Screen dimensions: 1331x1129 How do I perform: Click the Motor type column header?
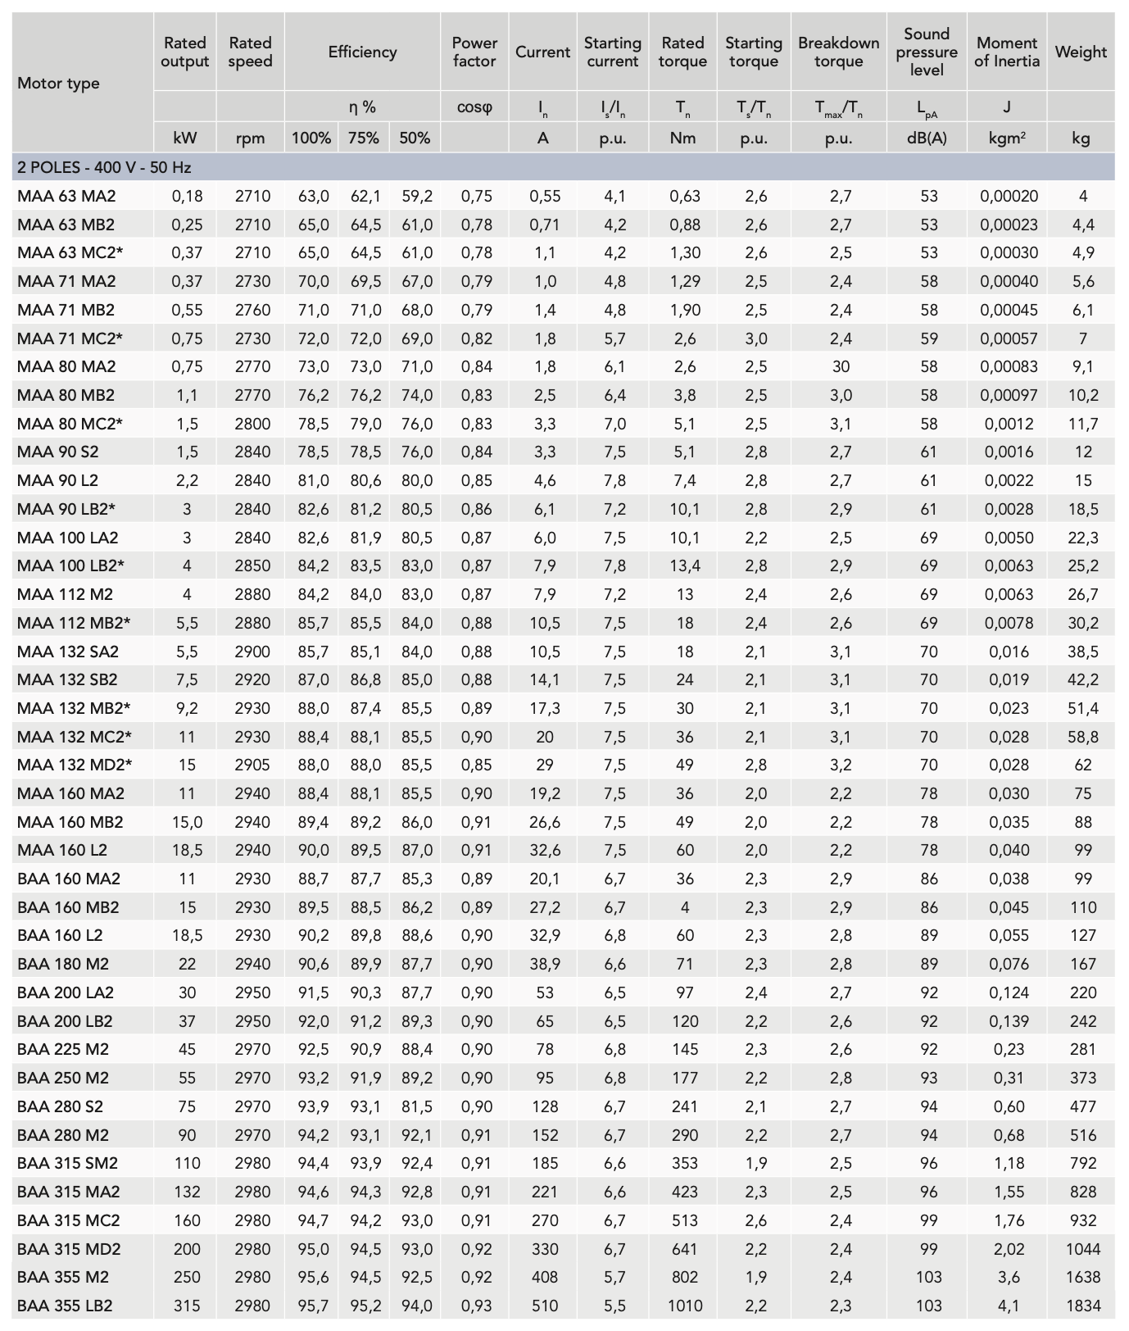pyautogui.click(x=58, y=83)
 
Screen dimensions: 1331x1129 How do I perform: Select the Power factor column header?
pyautogui.click(x=474, y=52)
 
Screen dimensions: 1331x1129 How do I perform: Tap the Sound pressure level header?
pyautogui.click(x=927, y=52)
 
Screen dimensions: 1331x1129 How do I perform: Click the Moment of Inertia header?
pyautogui.click(x=1007, y=52)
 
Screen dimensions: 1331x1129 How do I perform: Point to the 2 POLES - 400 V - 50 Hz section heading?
pyautogui.click(x=104, y=167)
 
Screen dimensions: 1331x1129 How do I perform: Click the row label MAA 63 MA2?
pyautogui.click(x=66, y=196)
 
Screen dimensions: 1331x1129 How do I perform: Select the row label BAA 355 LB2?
pyautogui.click(x=65, y=1306)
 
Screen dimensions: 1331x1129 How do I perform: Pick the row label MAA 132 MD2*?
pyautogui.click(x=75, y=765)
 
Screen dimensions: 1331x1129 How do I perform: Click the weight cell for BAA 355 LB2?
pyautogui.click(x=1082, y=1306)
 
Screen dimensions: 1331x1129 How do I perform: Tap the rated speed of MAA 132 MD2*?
pyautogui.click(x=251, y=765)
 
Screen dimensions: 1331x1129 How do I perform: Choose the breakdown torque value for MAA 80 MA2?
pyautogui.click(x=839, y=366)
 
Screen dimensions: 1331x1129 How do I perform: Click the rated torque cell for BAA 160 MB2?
pyautogui.click(x=684, y=907)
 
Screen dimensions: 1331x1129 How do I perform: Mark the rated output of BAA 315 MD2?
pyautogui.click(x=187, y=1249)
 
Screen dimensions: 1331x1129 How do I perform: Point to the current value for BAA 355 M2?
pyautogui.click(x=544, y=1277)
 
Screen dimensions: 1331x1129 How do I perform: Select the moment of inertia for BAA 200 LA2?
pyautogui.click(x=1008, y=993)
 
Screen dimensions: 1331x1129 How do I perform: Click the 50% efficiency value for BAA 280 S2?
pyautogui.click(x=416, y=1106)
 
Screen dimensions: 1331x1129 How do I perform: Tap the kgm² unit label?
pyautogui.click(x=1007, y=138)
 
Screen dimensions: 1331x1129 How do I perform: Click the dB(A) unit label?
pyautogui.click(x=927, y=138)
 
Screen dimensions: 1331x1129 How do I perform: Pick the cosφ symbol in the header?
pyautogui.click(x=474, y=107)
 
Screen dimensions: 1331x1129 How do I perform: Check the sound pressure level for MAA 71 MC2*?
pyautogui.click(x=927, y=338)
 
